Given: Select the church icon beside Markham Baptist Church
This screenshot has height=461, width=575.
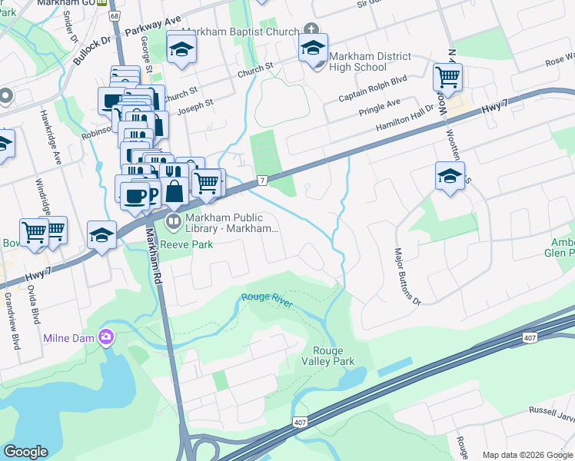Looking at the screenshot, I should point(311,30).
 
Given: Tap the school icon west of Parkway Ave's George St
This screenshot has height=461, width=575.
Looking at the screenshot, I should point(181,49).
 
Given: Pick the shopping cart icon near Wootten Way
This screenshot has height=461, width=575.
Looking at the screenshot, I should point(447,76).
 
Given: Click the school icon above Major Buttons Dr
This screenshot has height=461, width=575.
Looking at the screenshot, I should point(450,177).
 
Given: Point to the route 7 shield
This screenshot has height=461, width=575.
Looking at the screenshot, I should point(262,180).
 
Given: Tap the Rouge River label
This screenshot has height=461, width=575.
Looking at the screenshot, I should point(268,300).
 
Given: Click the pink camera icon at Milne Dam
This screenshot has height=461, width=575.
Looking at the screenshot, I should point(106,337).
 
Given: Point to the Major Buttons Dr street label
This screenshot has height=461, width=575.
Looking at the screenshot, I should point(408,275).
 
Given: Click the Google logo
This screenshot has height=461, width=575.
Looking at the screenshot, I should point(26,452).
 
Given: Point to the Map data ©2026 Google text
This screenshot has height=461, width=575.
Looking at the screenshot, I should point(527,455).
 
